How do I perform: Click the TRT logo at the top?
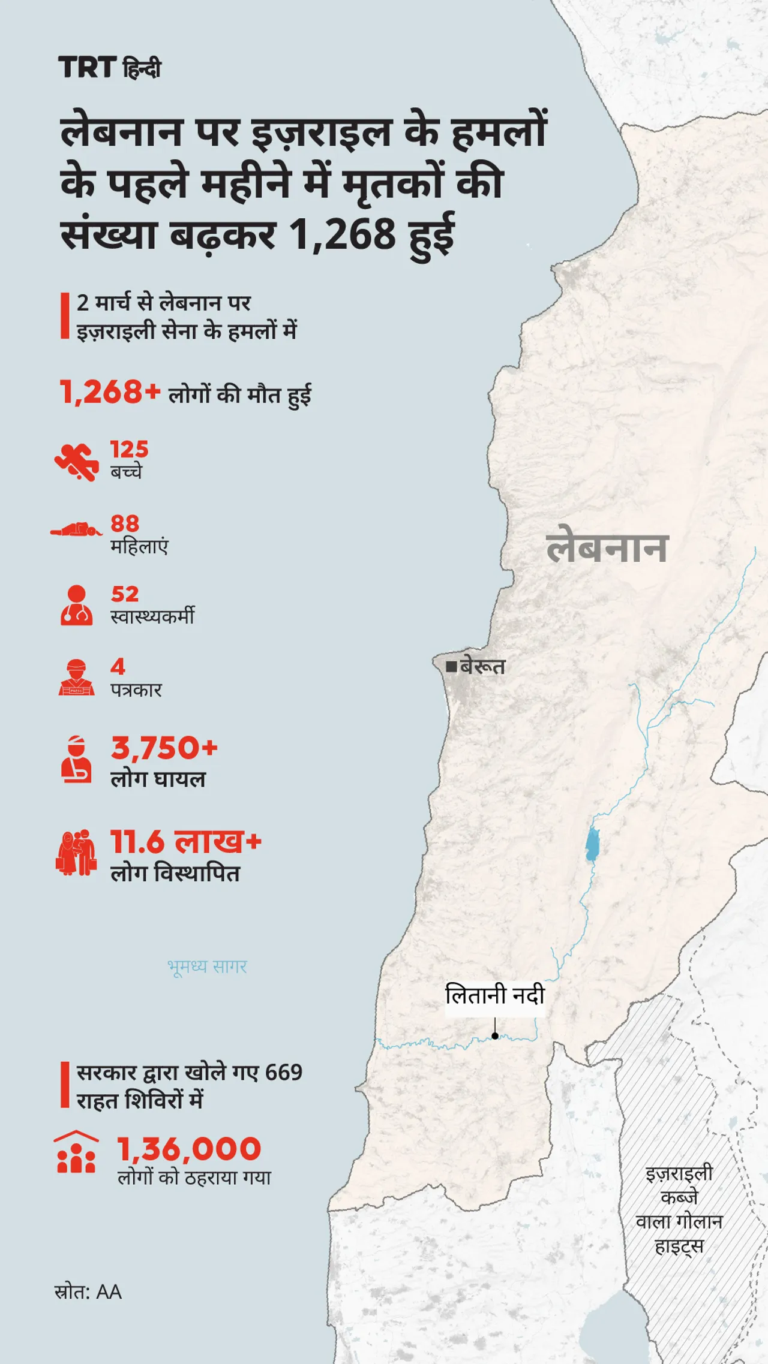(87, 67)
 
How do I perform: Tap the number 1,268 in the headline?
(343, 234)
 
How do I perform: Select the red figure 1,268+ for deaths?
(110, 393)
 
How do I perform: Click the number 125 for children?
(129, 449)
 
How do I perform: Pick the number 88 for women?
(125, 523)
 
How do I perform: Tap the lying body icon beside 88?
(76, 530)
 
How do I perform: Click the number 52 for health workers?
(125, 594)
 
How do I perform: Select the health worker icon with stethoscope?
(77, 606)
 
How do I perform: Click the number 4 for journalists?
(118, 667)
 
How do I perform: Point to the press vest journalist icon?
(77, 678)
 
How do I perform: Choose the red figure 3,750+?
(164, 748)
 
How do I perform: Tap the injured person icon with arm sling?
(77, 758)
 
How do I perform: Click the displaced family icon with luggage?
(76, 852)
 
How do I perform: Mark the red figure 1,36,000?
(189, 1149)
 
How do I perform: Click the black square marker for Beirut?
(451, 666)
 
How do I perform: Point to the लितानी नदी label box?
(495, 996)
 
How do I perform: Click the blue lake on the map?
(592, 844)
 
